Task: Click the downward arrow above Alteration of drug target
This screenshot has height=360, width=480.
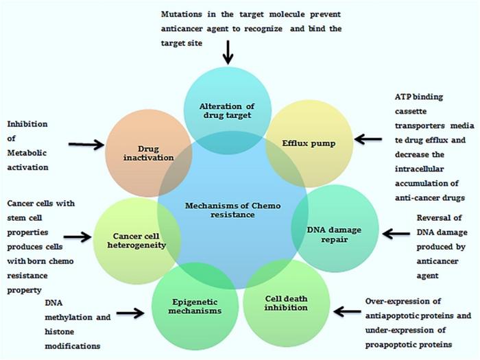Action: [227, 51]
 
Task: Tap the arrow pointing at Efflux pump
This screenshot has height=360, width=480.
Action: [369, 139]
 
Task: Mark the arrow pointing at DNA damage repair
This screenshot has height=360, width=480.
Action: [396, 234]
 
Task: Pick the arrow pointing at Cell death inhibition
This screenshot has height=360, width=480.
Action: [348, 312]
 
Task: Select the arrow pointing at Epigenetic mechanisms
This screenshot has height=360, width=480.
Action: [130, 313]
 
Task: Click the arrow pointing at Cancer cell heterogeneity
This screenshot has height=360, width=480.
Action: [77, 237]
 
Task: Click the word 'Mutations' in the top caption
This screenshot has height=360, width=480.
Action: [183, 14]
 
